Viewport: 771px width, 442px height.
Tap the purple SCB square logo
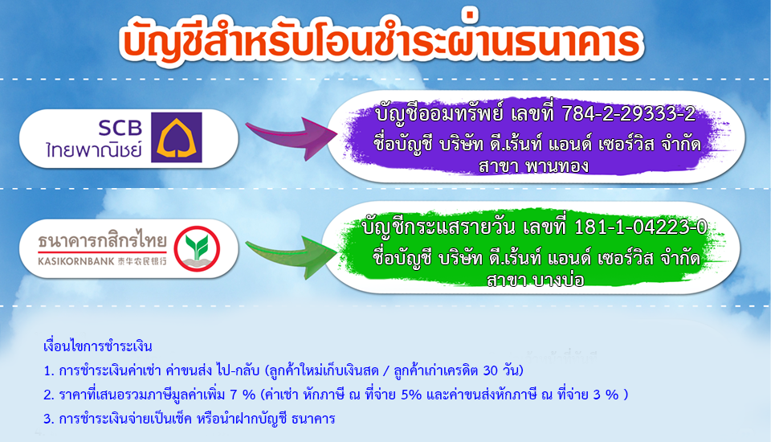176,137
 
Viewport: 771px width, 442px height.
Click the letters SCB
120,128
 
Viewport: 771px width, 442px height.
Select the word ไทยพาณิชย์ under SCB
94,149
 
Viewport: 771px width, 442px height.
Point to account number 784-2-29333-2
628,114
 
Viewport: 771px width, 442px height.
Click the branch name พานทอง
557,166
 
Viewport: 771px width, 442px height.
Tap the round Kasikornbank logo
197,248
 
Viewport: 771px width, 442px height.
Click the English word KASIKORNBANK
75,261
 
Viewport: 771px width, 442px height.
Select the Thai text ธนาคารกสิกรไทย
102,240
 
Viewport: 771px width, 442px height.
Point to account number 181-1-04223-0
641,227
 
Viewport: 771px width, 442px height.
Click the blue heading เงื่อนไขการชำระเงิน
98,346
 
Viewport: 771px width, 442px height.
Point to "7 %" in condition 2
243,395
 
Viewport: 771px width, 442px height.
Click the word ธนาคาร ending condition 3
313,419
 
